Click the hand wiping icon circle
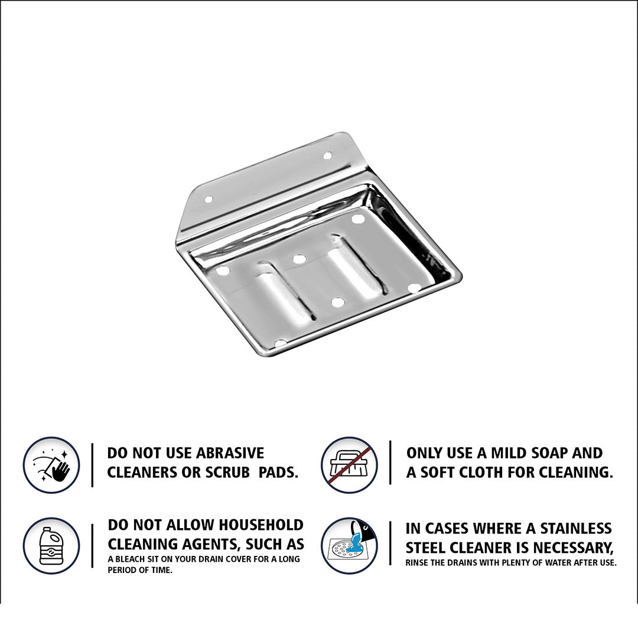(51, 465)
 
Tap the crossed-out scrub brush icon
(349, 465)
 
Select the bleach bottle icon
(51, 545)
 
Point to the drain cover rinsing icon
(349, 545)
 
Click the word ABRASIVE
(230, 453)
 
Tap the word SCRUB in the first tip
(227, 472)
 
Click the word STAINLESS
(576, 528)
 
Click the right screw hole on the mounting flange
(327, 155)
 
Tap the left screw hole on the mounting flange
(209, 200)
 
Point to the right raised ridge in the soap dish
(357, 266)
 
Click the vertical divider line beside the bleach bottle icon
(92, 545)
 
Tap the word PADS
(278, 472)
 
